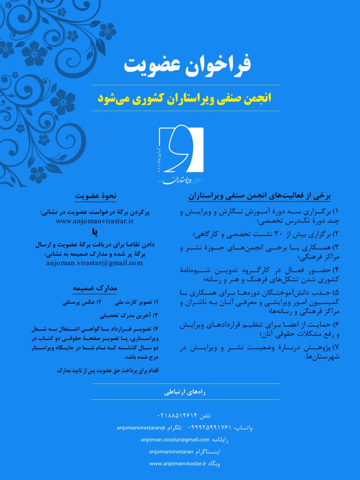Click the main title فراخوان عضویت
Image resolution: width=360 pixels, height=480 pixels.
point(187,66)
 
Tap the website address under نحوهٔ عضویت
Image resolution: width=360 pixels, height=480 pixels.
point(95,220)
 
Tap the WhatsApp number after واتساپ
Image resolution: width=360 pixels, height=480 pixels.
point(210,427)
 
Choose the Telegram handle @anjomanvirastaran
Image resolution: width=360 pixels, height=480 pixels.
point(141,427)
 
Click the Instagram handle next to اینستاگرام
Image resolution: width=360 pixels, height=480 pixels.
point(170,451)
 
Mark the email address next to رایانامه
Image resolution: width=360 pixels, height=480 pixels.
point(175,440)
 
